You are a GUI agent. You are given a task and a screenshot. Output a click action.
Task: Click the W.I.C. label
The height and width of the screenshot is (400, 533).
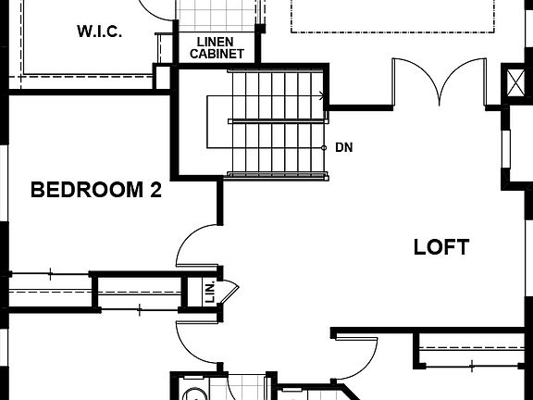[100, 31]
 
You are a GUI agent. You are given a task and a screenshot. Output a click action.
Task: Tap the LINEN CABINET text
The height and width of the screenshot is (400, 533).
[217, 48]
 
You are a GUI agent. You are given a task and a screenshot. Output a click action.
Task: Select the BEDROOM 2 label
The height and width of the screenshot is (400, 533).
[96, 191]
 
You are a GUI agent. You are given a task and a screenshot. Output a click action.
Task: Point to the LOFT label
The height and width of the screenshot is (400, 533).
[440, 247]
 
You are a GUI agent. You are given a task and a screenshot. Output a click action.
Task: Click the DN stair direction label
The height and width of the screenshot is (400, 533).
[344, 147]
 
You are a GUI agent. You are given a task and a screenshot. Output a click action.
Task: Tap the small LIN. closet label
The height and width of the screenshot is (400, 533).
[209, 292]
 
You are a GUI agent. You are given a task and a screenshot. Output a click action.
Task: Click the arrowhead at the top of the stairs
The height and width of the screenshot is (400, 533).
[320, 94]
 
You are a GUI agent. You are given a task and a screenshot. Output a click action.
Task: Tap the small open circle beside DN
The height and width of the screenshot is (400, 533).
[324, 147]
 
